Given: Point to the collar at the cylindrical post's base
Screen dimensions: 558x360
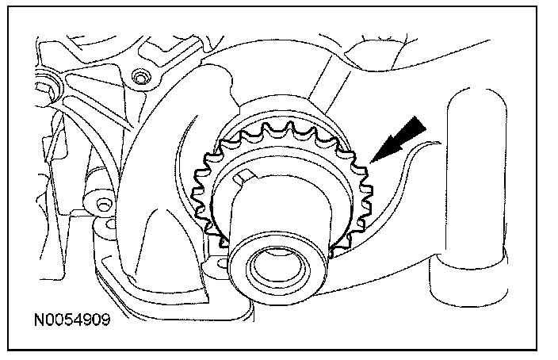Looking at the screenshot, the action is pos(468,278).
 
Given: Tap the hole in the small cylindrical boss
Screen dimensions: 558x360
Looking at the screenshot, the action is pos(102,205).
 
